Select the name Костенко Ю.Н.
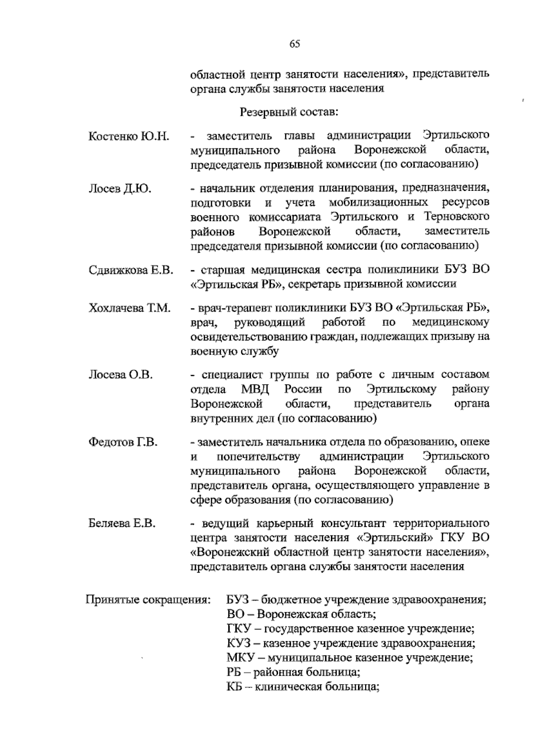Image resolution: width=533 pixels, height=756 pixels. click(129, 136)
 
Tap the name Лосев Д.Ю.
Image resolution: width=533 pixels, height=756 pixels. click(120, 189)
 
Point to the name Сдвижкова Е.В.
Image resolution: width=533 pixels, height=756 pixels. click(131, 270)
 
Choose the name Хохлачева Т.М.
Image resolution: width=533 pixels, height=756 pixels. click(130, 308)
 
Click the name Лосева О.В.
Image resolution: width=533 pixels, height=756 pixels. click(121, 375)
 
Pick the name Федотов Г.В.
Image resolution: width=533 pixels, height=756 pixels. click(123, 443)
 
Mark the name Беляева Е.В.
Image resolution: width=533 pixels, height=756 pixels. click(122, 524)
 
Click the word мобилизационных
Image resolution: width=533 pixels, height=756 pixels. click(378, 203)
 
